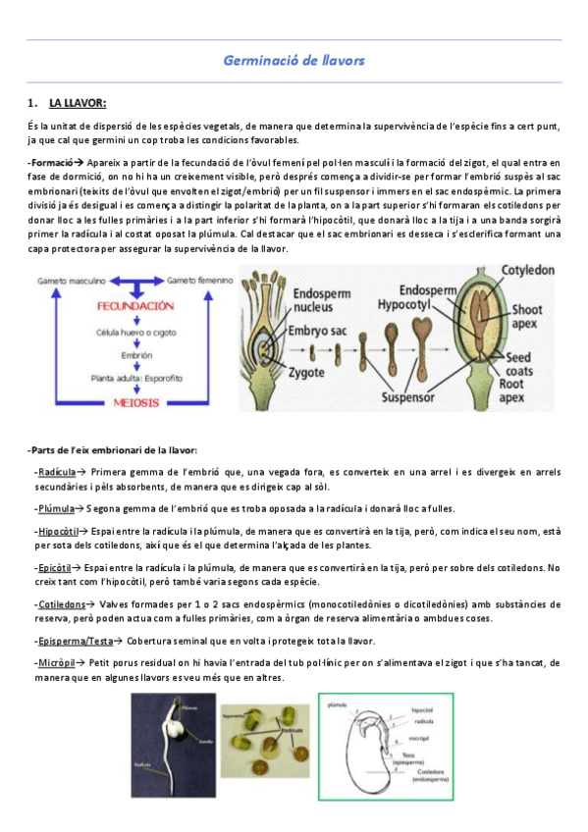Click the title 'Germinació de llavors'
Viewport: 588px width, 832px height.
(294, 61)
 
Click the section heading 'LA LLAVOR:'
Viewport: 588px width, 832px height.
(78, 103)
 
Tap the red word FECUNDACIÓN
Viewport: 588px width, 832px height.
(128, 305)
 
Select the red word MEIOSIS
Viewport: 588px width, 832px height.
(128, 402)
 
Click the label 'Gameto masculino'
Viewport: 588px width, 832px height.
(75, 280)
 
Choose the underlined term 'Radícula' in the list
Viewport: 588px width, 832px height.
(58, 471)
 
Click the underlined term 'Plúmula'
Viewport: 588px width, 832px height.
(57, 507)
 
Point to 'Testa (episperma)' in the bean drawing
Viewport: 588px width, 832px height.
(403, 757)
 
